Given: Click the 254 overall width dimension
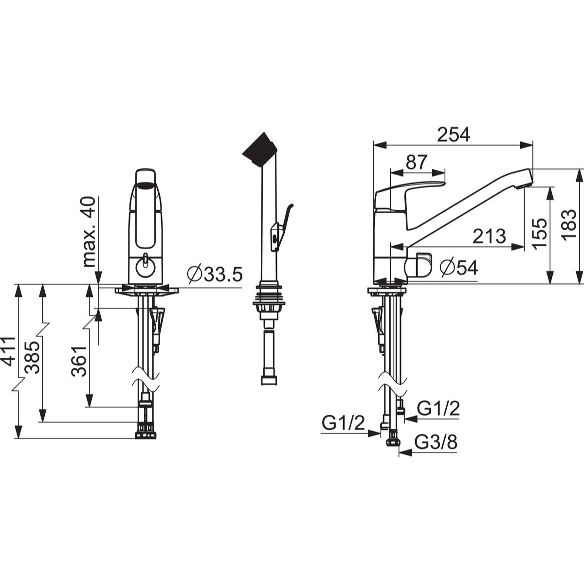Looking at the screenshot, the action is click(454, 134).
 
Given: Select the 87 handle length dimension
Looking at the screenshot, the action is click(417, 162).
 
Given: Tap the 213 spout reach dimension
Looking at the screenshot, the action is click(489, 236).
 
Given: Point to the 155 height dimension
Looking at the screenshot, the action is click(540, 234).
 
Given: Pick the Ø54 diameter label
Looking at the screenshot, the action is click(459, 268).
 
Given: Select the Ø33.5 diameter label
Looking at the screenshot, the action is click(215, 274).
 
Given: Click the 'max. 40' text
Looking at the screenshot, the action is click(89, 232).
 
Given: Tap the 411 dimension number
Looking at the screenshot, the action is click(8, 351).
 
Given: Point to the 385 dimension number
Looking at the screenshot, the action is click(32, 358).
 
